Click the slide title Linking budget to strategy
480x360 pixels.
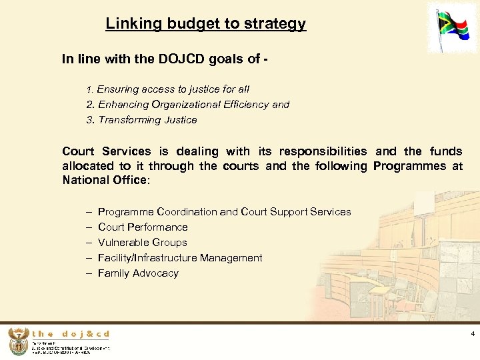coord(205,24)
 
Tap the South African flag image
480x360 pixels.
coord(457,31)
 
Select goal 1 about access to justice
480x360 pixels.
coord(168,89)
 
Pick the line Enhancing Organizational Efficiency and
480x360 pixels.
coord(187,105)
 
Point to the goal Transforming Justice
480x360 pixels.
coord(142,120)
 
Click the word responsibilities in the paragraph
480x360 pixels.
coord(323,151)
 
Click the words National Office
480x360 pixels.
coord(105,181)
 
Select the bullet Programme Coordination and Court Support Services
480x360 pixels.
coord(224,212)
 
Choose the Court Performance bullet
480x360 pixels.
coord(143,227)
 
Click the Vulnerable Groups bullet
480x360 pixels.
coord(142,243)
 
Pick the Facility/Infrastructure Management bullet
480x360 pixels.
coord(180,258)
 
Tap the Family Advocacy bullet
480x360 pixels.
coord(138,273)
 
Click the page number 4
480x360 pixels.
coord(472,333)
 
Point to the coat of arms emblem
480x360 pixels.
coord(18,342)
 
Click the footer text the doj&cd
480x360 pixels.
coord(70,334)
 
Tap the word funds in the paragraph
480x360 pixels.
coord(446,151)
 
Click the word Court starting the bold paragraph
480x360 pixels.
coord(79,151)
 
